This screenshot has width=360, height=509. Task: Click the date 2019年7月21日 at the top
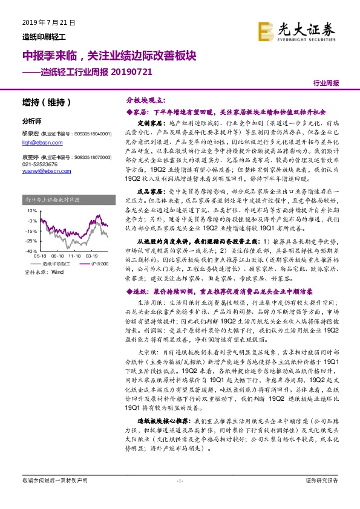point(43,22)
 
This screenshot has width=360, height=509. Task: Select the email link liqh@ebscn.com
point(37,140)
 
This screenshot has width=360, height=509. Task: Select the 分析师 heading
point(31,121)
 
